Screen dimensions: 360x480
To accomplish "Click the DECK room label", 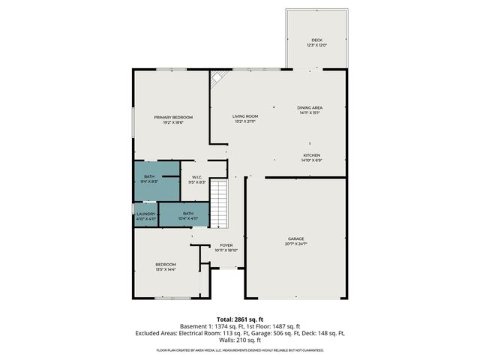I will coord(316,40).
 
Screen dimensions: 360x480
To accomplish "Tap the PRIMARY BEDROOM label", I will coord(173,118).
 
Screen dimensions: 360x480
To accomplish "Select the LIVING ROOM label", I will coord(244,116).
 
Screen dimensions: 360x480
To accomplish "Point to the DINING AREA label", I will coord(309,108).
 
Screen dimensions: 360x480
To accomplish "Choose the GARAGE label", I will coord(296,239).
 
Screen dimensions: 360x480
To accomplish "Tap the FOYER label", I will coord(226,245).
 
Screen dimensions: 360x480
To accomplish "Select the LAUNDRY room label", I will coord(146,214).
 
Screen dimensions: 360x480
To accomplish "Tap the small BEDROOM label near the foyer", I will coord(166,264).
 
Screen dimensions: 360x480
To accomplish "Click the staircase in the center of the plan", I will coord(217,203).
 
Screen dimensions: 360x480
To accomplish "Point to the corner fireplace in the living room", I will coord(217,77).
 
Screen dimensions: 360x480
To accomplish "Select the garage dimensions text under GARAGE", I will coord(296,244).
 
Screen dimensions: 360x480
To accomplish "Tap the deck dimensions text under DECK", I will coord(316,46).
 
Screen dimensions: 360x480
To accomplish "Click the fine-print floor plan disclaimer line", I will coord(239,349).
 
